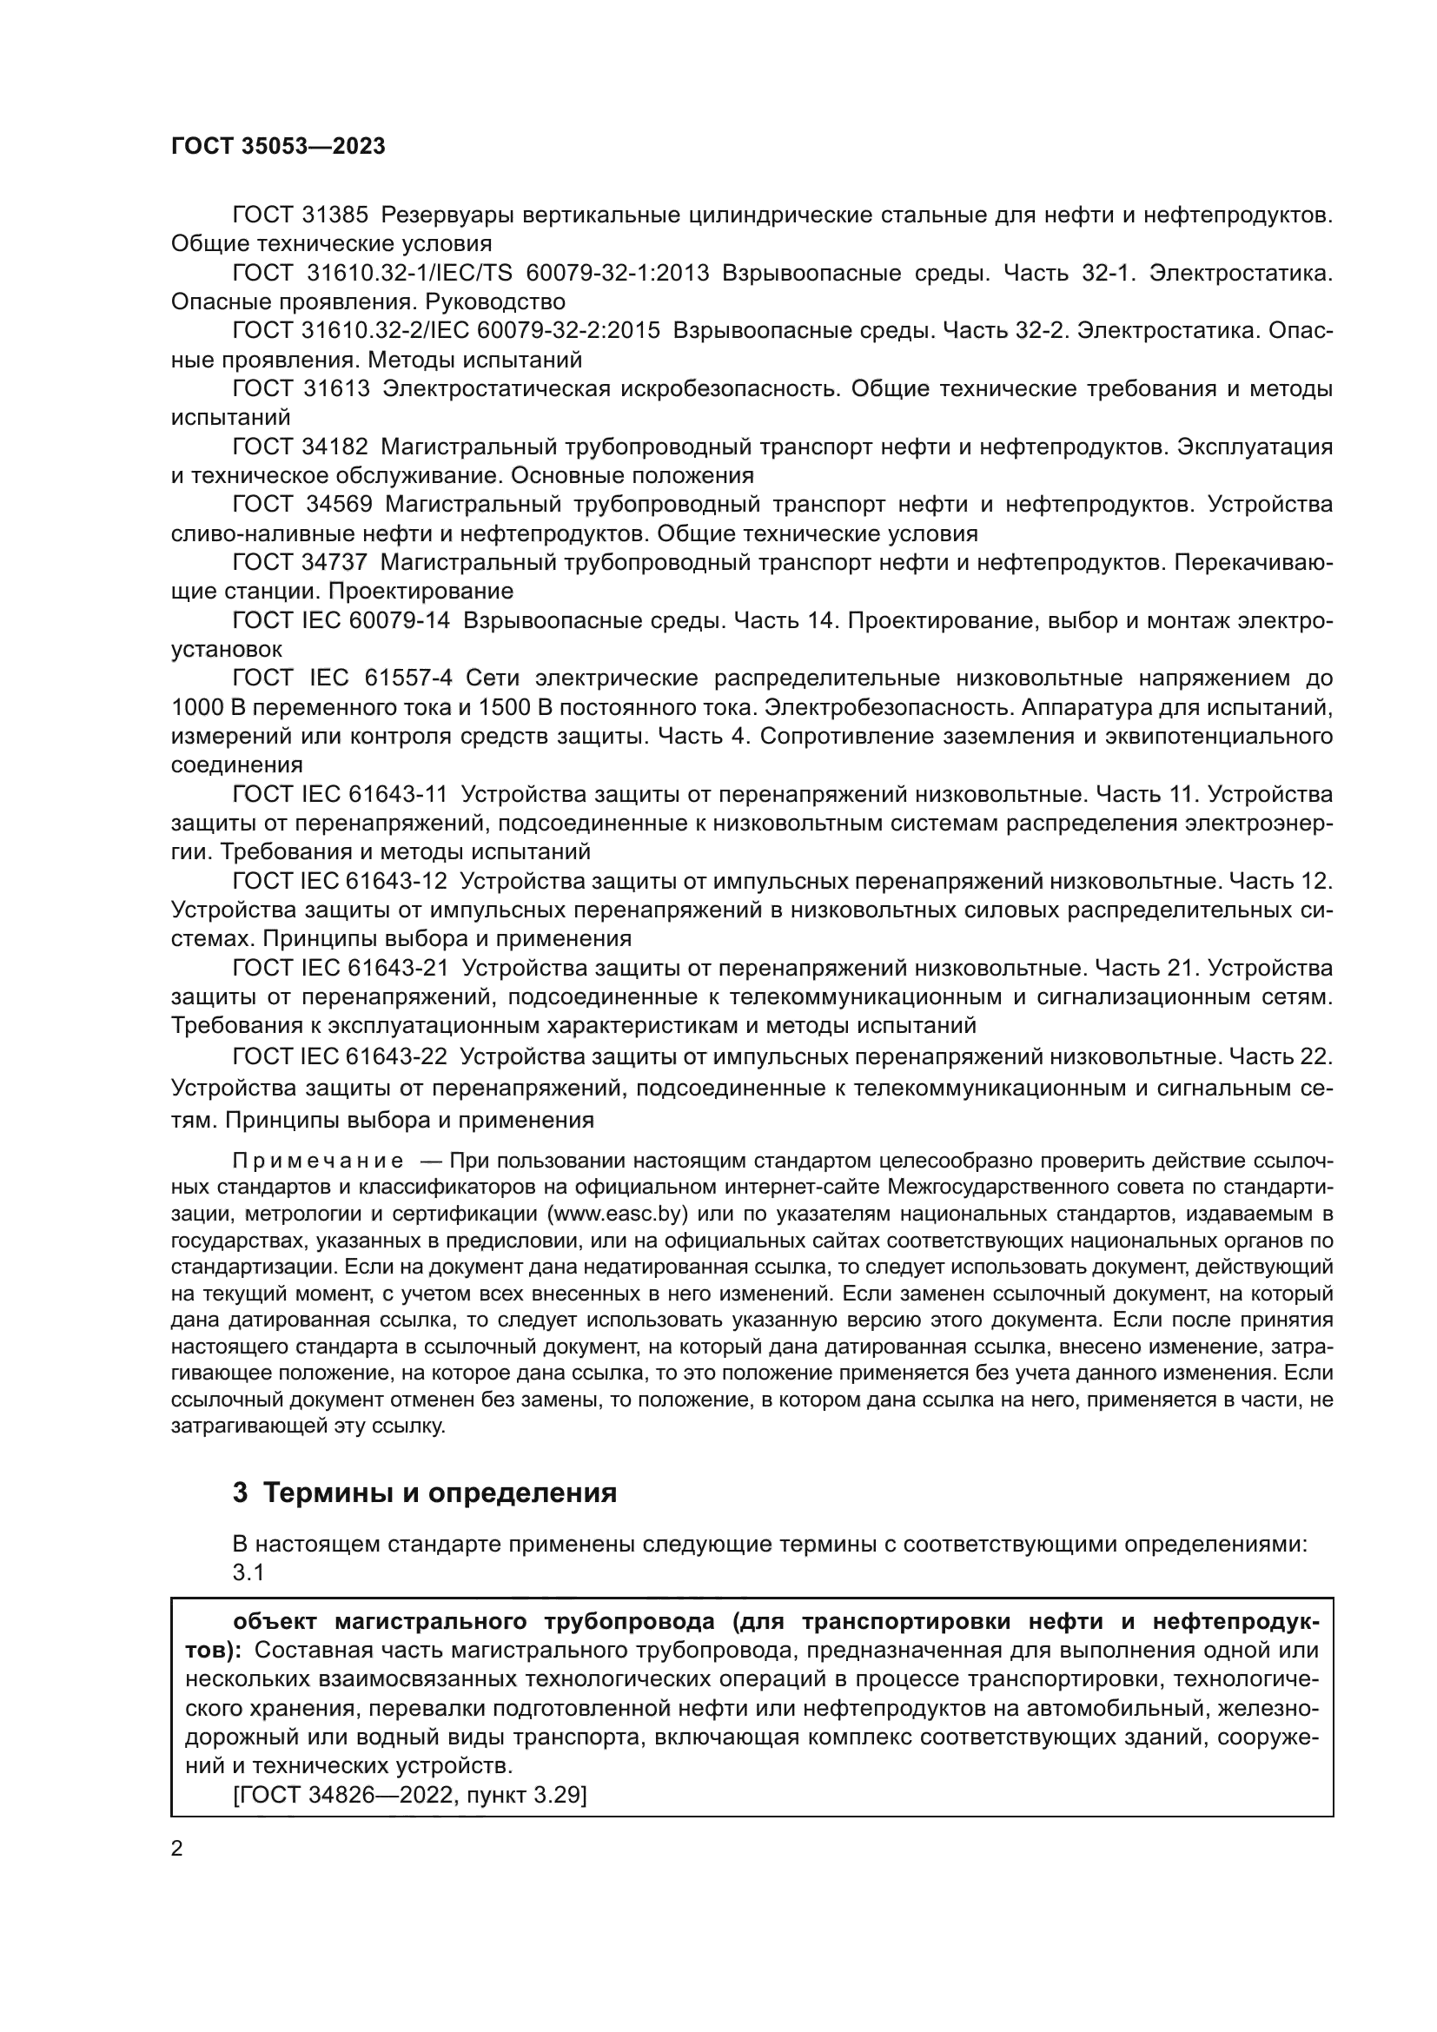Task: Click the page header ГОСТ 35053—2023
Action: [278, 147]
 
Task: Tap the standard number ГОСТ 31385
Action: [300, 215]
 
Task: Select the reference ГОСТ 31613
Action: [300, 388]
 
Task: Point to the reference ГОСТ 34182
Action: [300, 447]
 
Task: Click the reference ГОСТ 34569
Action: [301, 505]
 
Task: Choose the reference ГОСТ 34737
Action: [300, 563]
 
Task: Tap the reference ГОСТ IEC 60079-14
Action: [341, 621]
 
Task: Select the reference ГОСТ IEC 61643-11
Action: [340, 795]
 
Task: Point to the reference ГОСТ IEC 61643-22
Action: [340, 1056]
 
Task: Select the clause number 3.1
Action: [248, 1572]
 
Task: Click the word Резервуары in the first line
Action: [445, 215]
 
